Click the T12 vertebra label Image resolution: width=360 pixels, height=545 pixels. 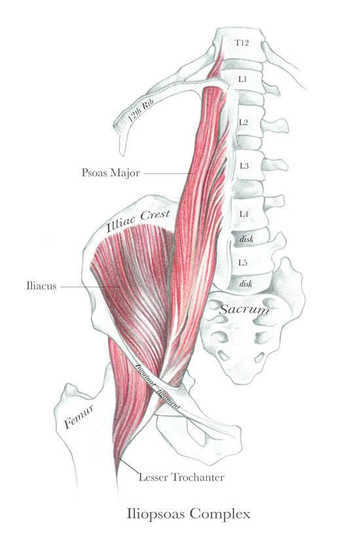click(x=242, y=43)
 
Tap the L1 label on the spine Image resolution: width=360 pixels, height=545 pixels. click(x=242, y=79)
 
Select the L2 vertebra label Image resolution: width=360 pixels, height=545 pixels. click(x=243, y=122)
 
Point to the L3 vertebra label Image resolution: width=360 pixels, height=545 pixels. click(x=244, y=166)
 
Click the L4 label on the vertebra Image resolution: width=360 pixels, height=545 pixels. click(x=243, y=214)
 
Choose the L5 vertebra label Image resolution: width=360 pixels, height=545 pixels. click(x=243, y=263)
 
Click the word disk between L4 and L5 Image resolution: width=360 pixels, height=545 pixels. click(x=247, y=239)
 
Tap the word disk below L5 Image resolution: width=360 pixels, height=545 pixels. click(x=245, y=284)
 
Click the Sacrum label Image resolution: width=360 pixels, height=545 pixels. click(x=244, y=309)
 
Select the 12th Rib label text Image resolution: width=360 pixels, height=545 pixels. click(x=141, y=109)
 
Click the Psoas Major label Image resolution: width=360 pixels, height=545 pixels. click(x=111, y=173)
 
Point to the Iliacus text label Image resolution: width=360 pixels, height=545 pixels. click(x=41, y=286)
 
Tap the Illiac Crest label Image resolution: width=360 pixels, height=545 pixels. click(x=138, y=220)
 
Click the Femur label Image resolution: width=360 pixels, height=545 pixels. click(x=79, y=417)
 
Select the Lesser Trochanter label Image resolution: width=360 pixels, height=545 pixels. click(x=181, y=478)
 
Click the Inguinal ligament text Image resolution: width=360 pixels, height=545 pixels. click(x=157, y=386)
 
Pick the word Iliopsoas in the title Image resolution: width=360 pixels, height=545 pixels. click(x=156, y=514)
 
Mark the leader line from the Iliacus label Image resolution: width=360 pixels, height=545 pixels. click(x=90, y=287)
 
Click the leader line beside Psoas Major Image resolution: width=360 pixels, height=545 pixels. click(x=169, y=173)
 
